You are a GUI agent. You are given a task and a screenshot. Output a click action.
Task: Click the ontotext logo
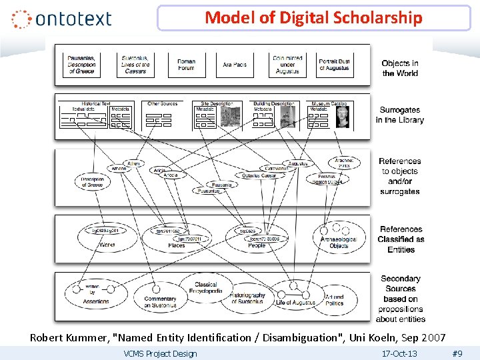point(61,19)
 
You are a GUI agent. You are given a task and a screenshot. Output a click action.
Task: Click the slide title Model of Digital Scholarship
point(313,18)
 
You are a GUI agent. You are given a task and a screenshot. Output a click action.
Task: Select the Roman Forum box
point(187,65)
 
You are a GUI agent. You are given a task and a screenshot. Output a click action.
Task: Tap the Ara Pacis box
point(235,65)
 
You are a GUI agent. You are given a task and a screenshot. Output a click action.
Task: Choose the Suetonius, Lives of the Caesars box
point(136,65)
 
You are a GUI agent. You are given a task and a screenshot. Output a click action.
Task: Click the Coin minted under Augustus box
point(287,65)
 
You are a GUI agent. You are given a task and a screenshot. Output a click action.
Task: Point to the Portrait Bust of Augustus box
point(335,65)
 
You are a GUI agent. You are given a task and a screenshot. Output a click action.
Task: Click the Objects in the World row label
point(400,68)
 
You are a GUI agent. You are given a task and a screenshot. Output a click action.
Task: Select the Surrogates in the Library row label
point(399,115)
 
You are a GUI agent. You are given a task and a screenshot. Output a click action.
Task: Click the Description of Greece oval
point(93,181)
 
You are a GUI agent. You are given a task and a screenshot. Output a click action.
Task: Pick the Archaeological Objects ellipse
point(338,241)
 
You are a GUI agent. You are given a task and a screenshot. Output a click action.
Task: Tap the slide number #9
point(457,353)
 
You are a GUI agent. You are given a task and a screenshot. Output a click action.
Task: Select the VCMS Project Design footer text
point(161,353)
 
